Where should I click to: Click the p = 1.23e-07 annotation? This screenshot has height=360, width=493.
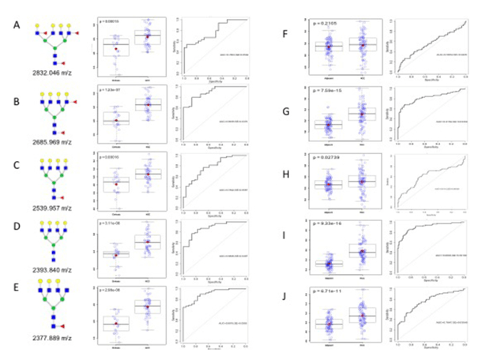tap(111, 88)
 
